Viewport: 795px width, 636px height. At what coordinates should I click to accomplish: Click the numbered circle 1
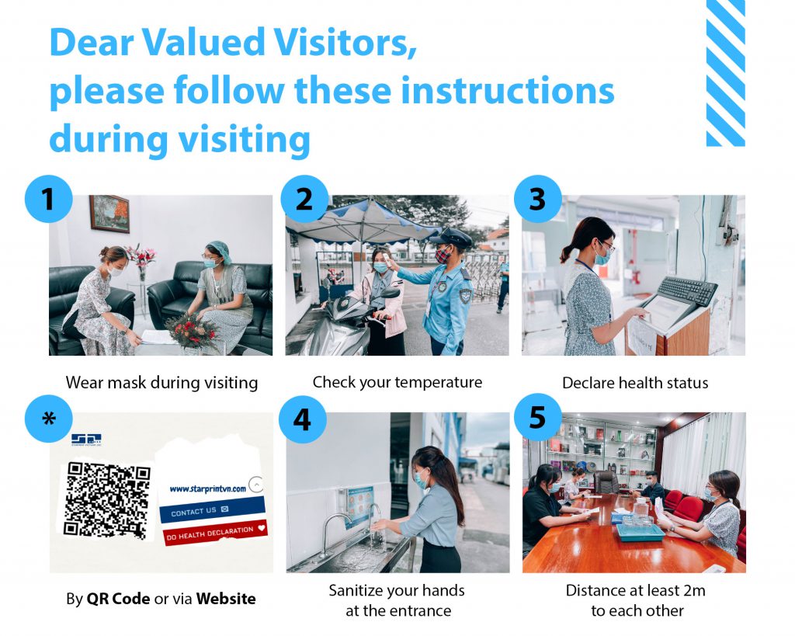point(48,199)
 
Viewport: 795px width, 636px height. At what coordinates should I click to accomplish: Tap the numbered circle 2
point(304,199)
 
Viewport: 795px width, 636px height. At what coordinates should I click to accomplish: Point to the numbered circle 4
point(302,419)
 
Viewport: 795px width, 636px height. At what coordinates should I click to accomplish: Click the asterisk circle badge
point(48,419)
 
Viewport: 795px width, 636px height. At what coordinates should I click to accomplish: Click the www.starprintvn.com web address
point(207,488)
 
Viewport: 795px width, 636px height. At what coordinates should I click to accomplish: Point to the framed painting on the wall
point(109,214)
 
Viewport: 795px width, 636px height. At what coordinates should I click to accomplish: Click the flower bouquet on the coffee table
point(190,330)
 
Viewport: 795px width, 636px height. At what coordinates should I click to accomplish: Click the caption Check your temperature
point(397,382)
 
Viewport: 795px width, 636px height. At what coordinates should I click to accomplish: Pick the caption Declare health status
point(634,383)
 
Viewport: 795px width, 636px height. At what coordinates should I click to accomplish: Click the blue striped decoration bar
point(725,73)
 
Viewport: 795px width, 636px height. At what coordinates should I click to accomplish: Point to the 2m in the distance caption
point(693,591)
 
